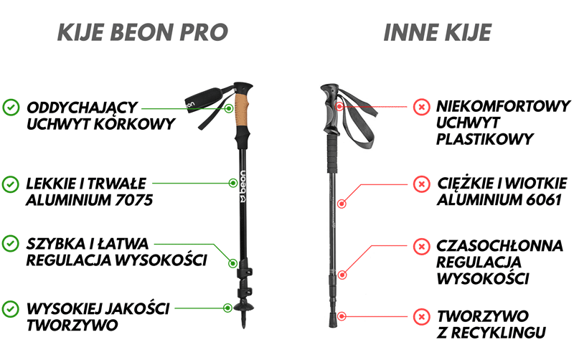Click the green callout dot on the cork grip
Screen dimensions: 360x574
pyautogui.click(x=228, y=108)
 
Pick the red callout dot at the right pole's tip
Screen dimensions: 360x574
pyautogui.click(x=342, y=316)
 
